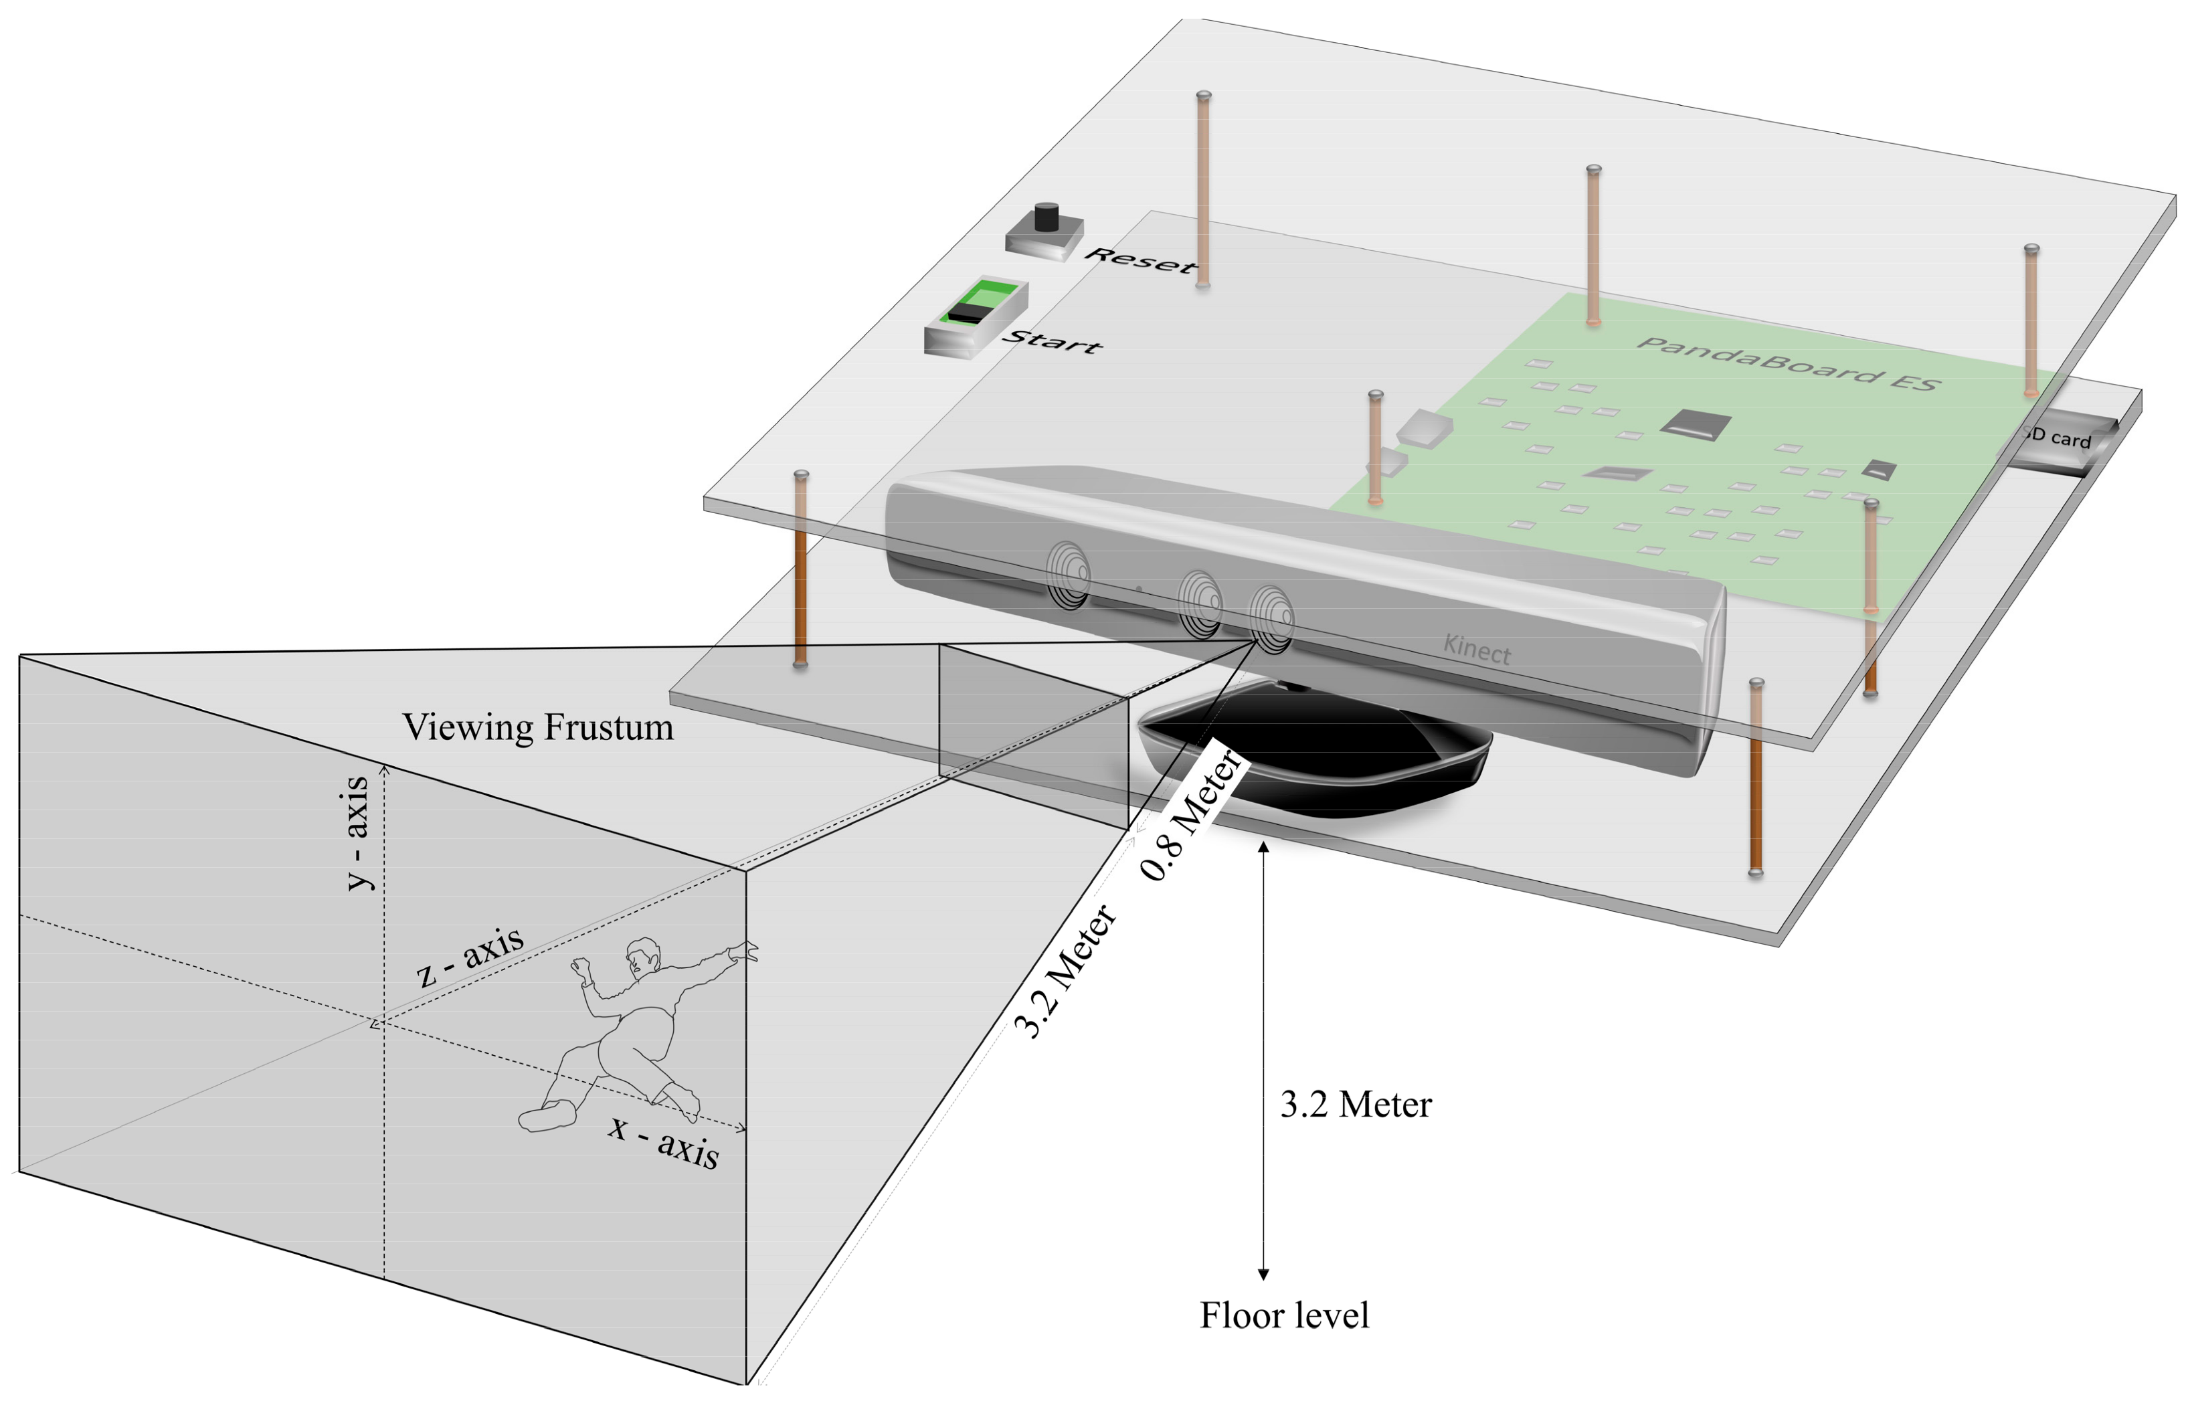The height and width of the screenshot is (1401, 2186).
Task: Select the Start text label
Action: click(1053, 341)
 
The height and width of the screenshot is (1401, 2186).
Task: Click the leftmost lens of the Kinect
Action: click(1069, 574)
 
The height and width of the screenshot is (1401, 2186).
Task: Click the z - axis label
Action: click(470, 956)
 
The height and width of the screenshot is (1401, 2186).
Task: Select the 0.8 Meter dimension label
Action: click(1191, 814)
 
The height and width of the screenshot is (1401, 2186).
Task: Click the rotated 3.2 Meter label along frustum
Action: click(1065, 971)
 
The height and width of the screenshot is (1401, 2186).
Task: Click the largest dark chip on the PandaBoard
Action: click(1695, 424)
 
